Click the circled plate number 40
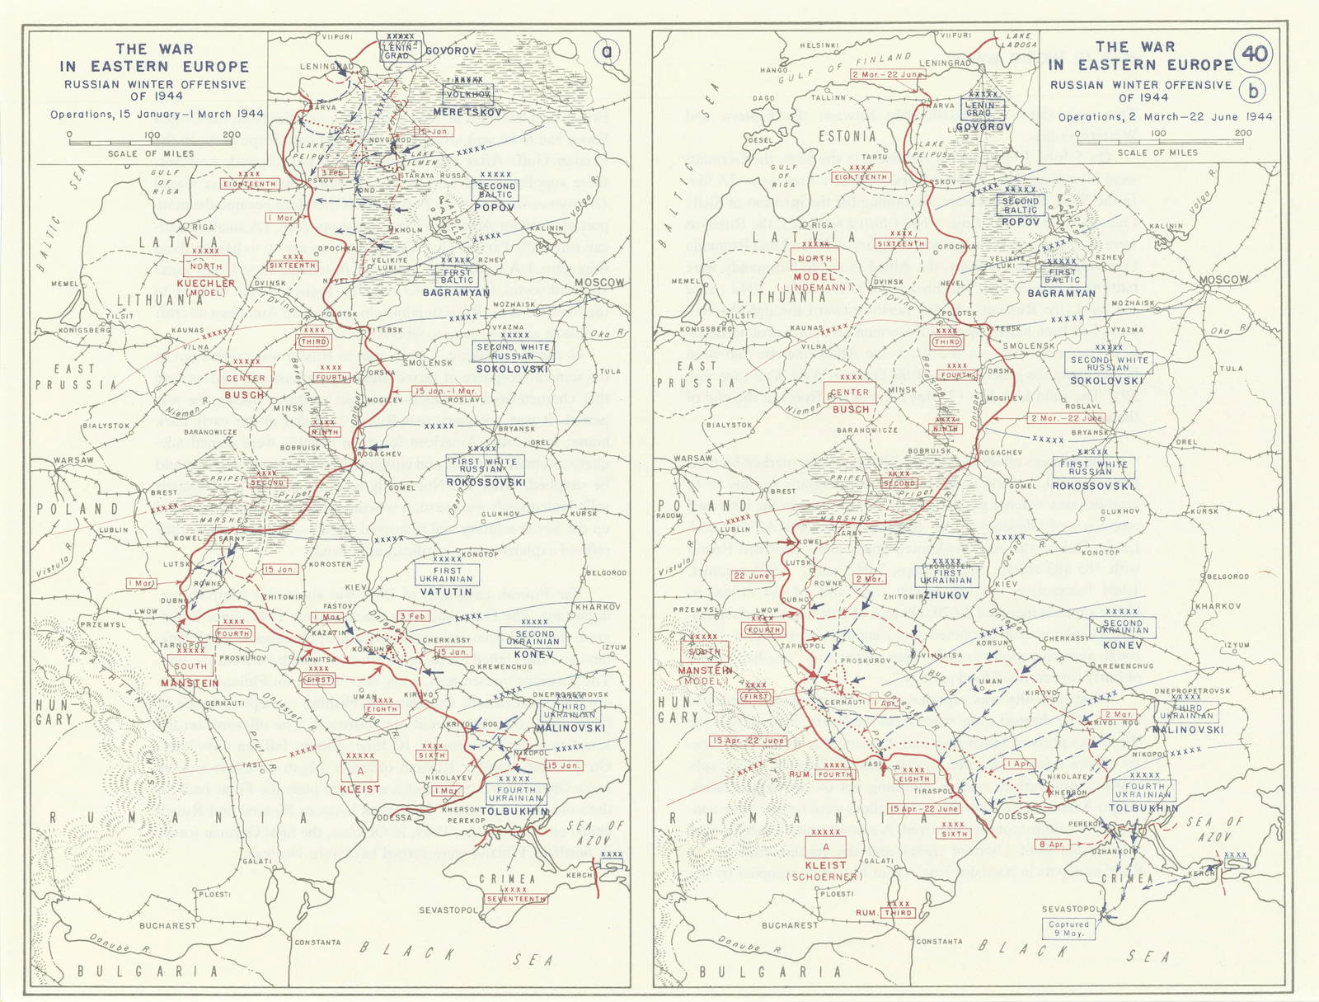coord(1254,54)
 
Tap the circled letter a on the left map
coord(608,53)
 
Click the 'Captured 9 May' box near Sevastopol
coord(1068,929)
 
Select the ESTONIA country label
coord(847,136)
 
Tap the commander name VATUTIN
coord(447,591)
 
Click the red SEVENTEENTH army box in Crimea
coord(516,899)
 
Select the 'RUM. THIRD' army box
coord(885,913)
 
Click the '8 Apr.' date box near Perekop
coord(1053,844)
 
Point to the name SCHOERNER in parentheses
coord(826,877)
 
